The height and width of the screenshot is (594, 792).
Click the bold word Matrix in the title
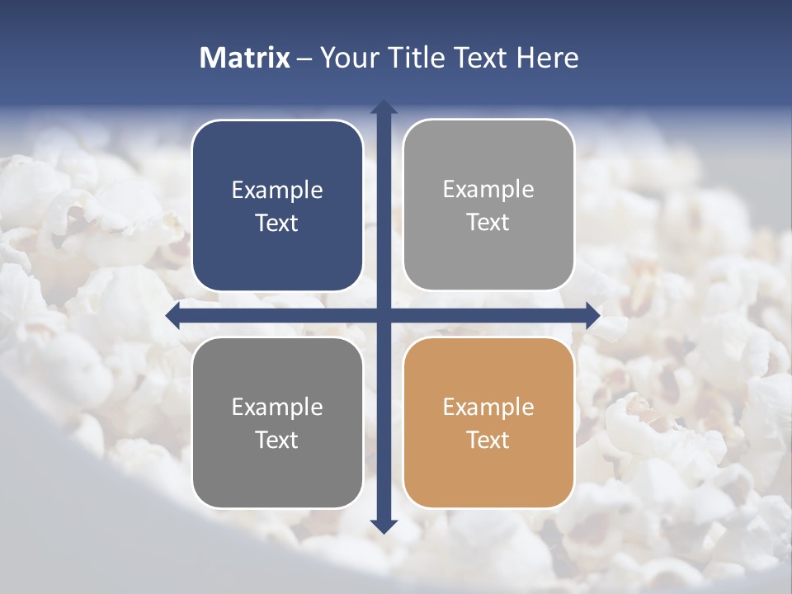click(x=245, y=58)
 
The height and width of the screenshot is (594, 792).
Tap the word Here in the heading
click(x=548, y=58)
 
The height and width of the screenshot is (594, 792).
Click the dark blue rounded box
click(x=277, y=206)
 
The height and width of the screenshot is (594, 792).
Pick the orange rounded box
click(x=488, y=423)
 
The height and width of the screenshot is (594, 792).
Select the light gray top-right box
click(x=488, y=205)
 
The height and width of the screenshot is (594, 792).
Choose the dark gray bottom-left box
click(x=277, y=423)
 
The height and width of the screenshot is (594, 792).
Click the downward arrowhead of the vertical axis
click(x=384, y=526)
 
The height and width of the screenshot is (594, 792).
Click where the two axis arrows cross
click(x=384, y=315)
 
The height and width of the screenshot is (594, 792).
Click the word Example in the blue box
click(x=277, y=191)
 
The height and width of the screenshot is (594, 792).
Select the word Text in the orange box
click(x=488, y=440)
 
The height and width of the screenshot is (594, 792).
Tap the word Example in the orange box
click(x=488, y=407)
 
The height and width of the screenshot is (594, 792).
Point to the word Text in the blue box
click(x=277, y=224)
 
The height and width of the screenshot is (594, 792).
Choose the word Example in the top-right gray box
click(x=488, y=190)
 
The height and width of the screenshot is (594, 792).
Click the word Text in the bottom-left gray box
click(x=277, y=440)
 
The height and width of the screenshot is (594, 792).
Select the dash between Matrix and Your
click(x=305, y=59)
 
